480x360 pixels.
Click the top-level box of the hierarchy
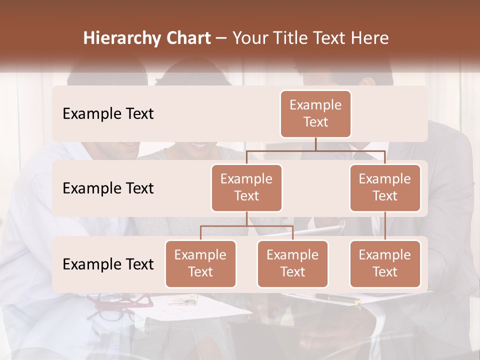315,114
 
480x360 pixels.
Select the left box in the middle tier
246,188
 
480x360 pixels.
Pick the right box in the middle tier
385,188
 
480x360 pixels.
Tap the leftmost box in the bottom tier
200,264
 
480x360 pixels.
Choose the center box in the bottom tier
292,264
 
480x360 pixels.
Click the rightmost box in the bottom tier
385,264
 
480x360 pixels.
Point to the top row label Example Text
108,114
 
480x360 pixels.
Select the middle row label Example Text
108,188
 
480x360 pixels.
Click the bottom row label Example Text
108,264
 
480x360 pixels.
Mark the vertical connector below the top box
315,144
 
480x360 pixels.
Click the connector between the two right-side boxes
385,226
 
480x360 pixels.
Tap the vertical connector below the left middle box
246,218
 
